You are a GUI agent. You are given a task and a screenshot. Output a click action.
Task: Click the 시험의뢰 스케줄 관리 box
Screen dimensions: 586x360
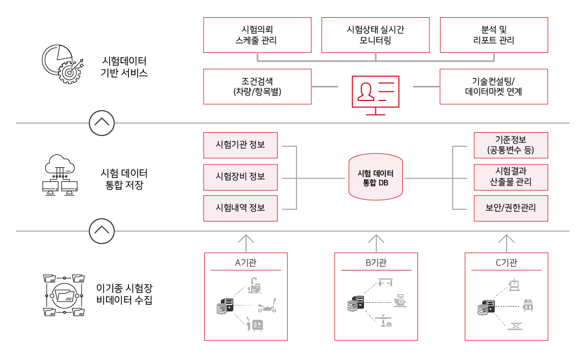pyautogui.click(x=257, y=35)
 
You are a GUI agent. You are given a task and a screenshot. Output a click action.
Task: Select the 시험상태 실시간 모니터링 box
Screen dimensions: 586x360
pyautogui.click(x=375, y=35)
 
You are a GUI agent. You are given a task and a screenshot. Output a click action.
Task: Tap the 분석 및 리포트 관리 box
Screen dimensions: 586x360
pyautogui.click(x=494, y=35)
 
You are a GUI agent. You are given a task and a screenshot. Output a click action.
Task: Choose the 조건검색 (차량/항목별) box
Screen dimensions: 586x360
pyautogui.click(x=257, y=86)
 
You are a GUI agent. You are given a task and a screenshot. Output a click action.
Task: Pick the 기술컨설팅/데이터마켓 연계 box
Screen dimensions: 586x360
pyautogui.click(x=494, y=86)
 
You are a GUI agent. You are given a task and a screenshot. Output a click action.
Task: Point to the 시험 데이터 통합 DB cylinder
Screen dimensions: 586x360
pyautogui.click(x=375, y=177)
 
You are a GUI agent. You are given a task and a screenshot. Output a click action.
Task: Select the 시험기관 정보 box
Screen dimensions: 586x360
pyautogui.click(x=240, y=145)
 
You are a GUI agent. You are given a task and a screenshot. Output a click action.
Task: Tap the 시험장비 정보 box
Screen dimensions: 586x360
pyautogui.click(x=240, y=177)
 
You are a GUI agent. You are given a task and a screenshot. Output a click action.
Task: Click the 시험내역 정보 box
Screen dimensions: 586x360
pyautogui.click(x=240, y=208)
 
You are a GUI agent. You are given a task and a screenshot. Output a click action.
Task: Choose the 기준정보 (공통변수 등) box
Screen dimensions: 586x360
pyautogui.click(x=511, y=145)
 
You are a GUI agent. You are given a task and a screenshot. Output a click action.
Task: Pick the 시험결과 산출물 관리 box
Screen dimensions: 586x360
pyautogui.click(x=511, y=177)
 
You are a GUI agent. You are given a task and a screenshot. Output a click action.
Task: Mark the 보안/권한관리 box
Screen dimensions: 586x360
pyautogui.click(x=511, y=208)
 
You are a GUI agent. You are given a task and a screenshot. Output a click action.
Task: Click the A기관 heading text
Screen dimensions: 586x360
pyautogui.click(x=246, y=263)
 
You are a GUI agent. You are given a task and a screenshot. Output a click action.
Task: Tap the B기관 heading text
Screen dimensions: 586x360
pyautogui.click(x=376, y=263)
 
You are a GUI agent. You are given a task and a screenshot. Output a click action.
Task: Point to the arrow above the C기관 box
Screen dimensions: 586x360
pyautogui.click(x=507, y=243)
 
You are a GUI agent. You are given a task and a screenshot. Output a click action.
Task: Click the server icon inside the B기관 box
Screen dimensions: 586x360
pyautogui.click(x=355, y=304)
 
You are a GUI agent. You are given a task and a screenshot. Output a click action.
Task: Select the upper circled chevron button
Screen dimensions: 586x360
pyautogui.click(x=102, y=123)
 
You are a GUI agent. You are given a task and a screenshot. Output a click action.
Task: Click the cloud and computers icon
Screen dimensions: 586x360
pyautogui.click(x=60, y=175)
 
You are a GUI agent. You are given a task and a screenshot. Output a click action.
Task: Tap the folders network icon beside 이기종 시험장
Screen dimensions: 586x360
pyautogui.click(x=64, y=295)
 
